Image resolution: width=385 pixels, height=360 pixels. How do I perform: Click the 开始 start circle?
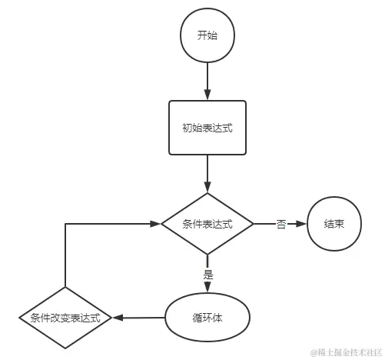[207, 36]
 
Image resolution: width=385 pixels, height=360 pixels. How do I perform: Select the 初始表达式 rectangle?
[207, 128]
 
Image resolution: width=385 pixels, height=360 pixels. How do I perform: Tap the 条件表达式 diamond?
[207, 224]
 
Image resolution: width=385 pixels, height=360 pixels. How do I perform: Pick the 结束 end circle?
[334, 224]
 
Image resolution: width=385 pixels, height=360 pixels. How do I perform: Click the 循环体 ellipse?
[207, 316]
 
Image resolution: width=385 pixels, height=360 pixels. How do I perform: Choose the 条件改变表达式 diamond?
[65, 317]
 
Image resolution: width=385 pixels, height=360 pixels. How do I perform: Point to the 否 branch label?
[281, 224]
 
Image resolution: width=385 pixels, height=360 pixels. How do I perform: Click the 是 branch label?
[207, 273]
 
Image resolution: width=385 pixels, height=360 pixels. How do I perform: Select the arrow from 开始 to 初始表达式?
[207, 81]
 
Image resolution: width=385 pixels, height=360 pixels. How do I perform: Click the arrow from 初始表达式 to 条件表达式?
[207, 174]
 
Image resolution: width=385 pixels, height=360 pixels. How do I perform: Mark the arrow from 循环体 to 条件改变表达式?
[138, 317]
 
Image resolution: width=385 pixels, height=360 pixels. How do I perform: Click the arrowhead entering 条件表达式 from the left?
[156, 224]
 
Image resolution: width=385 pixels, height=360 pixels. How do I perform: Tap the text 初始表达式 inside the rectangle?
[207, 128]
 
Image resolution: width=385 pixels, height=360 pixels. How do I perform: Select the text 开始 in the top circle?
[207, 36]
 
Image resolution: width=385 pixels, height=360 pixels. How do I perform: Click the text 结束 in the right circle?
[334, 224]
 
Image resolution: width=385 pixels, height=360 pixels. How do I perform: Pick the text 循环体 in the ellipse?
[207, 316]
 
